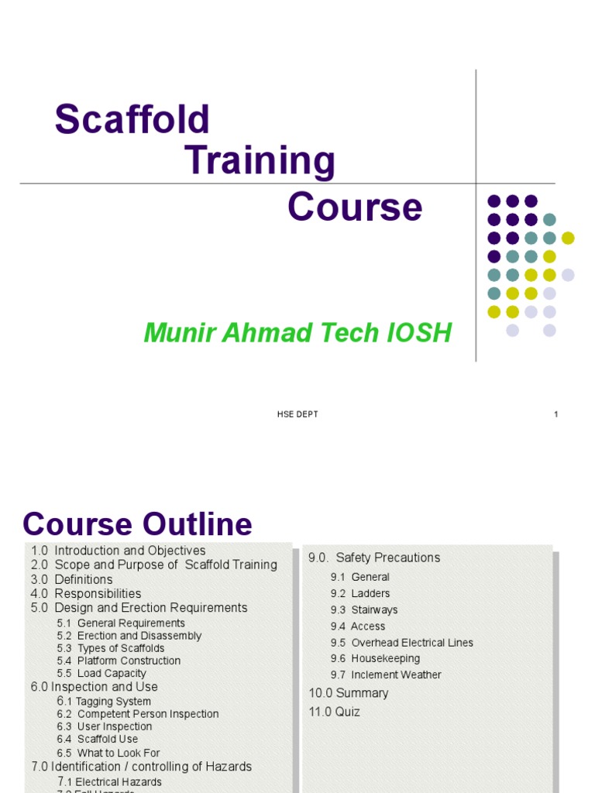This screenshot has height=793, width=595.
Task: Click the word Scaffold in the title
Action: [132, 120]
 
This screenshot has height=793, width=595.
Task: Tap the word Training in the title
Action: [260, 161]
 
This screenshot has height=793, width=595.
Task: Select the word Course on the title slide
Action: [355, 208]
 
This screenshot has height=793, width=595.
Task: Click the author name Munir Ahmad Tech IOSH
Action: [297, 333]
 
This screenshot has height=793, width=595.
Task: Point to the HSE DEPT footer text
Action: [297, 414]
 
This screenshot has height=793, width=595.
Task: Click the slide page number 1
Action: [556, 414]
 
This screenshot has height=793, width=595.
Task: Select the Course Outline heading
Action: [137, 524]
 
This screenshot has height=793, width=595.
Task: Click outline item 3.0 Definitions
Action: [72, 579]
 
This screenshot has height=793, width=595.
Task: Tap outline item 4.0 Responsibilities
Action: [86, 594]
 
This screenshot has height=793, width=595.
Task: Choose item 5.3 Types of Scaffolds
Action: [111, 648]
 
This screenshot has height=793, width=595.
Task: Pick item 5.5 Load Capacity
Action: [101, 674]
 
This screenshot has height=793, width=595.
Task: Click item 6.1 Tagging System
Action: [104, 702]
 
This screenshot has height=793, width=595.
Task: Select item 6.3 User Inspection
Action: [105, 726]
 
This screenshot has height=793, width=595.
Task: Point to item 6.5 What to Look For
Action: [108, 753]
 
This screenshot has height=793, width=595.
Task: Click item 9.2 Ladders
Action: [360, 593]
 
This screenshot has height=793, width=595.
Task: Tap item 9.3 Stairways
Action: [364, 609]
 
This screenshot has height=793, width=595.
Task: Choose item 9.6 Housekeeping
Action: [375, 658]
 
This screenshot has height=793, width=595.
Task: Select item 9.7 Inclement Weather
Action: [386, 675]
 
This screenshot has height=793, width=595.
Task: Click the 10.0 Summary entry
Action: [349, 693]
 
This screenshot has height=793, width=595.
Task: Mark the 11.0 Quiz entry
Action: [335, 712]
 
